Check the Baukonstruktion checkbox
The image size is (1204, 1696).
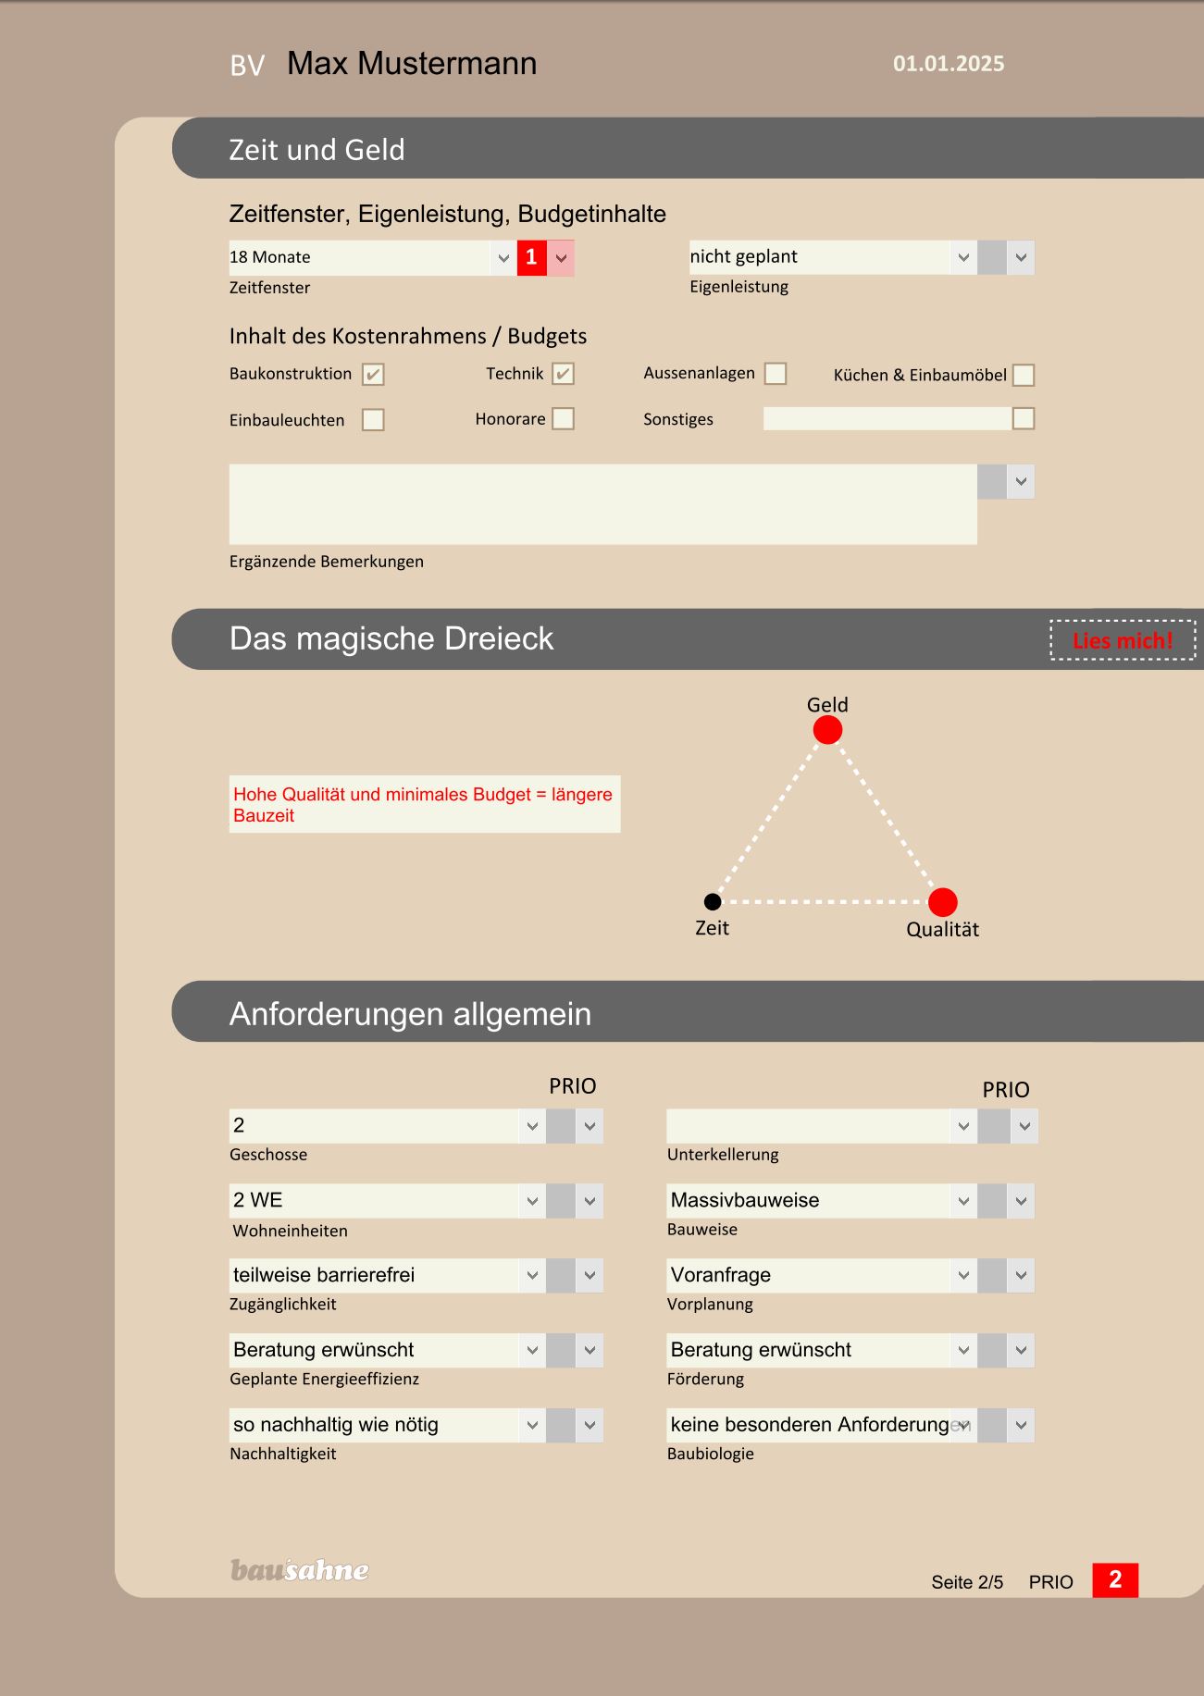click(x=373, y=374)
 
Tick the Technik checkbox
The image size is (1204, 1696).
click(x=563, y=374)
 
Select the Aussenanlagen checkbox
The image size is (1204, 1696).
click(x=776, y=373)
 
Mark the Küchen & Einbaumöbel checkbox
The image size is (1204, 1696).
click(x=1024, y=375)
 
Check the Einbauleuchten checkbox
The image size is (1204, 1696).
click(x=373, y=420)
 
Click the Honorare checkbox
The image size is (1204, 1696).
click(x=563, y=419)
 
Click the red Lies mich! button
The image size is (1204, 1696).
click(x=1123, y=640)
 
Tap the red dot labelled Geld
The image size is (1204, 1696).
click(x=827, y=730)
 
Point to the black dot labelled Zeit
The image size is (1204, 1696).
click(x=713, y=901)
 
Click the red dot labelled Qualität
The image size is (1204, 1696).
click(x=942, y=901)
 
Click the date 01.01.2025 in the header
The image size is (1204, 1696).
click(x=949, y=64)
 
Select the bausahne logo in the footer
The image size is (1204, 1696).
click(x=299, y=1570)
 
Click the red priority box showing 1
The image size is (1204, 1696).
click(x=531, y=257)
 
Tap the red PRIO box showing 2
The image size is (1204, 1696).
click(x=1115, y=1579)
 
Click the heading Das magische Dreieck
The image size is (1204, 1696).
click(x=391, y=638)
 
